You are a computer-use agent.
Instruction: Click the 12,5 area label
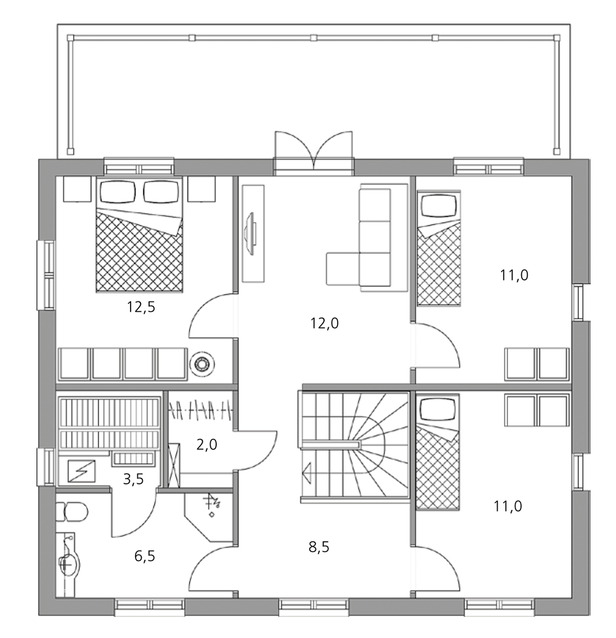pos(141,307)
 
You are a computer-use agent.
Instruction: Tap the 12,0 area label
pos(325,324)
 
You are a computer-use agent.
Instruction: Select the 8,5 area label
pos(318,547)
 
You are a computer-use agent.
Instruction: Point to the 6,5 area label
pos(145,556)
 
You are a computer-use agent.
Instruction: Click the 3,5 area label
pos(134,480)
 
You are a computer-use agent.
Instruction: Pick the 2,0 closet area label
pos(206,444)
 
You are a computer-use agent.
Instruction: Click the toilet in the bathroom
pos(71,512)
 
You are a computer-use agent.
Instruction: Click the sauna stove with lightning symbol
pos(82,472)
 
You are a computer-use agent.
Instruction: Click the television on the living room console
pos(250,233)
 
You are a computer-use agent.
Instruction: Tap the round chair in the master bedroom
pos(202,363)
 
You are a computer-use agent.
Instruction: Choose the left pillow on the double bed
pos(118,192)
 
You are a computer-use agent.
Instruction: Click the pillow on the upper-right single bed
pos(439,206)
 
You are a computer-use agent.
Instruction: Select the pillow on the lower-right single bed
pos(438,409)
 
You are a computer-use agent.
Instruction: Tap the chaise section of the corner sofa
pos(342,268)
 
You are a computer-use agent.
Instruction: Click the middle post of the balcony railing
pos(314,38)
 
